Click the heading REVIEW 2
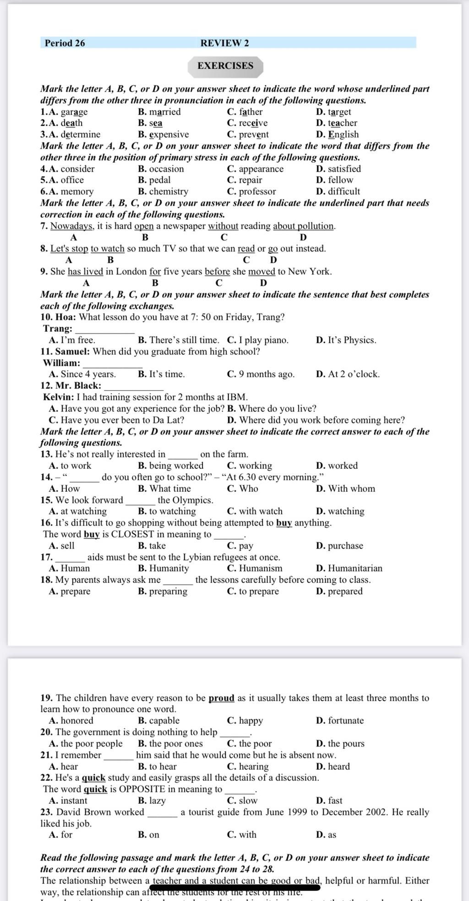click(x=224, y=43)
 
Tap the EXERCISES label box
click(x=225, y=66)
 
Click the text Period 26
click(x=65, y=43)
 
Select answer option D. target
click(x=333, y=112)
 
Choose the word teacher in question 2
click(x=343, y=123)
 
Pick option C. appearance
click(x=255, y=169)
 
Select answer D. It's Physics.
click(x=346, y=340)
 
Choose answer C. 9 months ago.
click(x=261, y=374)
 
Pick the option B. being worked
click(x=170, y=466)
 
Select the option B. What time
click(x=164, y=489)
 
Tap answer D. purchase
click(x=339, y=545)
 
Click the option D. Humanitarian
click(x=349, y=568)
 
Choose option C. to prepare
click(x=253, y=591)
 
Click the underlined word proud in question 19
click(x=221, y=698)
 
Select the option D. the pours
click(x=340, y=743)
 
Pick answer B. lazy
click(x=152, y=801)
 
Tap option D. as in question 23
click(x=326, y=835)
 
